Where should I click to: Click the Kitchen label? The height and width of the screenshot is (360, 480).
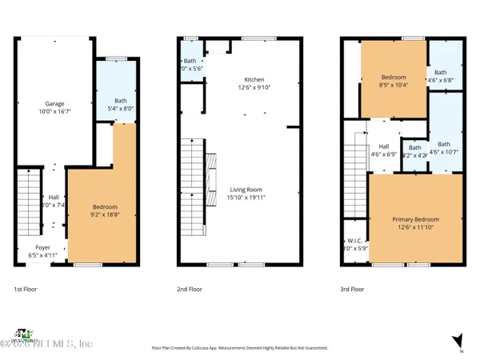pos(255,79)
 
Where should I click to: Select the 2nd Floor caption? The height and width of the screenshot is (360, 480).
pos(189,289)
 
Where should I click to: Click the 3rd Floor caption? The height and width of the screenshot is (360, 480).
pos(352,289)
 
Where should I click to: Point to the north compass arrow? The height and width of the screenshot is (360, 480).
pos(457,341)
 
